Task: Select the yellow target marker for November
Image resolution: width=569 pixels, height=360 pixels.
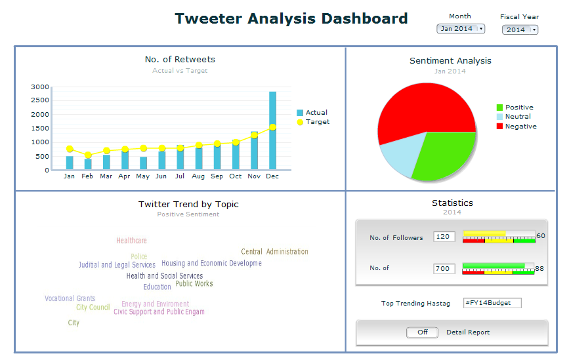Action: pos(254,135)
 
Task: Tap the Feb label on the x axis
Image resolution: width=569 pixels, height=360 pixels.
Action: pos(87,176)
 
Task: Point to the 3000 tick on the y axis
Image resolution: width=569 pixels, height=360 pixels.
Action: pos(40,87)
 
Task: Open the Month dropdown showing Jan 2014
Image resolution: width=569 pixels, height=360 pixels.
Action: pos(460,29)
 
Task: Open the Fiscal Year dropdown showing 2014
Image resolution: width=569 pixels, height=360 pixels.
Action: pos(519,30)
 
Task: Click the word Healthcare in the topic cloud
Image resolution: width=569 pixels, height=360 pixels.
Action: pos(131,241)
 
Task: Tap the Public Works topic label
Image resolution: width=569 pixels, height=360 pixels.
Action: pos(194,284)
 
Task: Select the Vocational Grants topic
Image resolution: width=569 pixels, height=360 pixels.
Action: pos(70,298)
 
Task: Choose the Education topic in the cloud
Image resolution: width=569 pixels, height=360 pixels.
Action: pos(158,287)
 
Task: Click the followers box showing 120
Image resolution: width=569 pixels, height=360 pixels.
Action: pos(444,237)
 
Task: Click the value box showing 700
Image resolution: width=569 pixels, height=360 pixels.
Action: pos(444,269)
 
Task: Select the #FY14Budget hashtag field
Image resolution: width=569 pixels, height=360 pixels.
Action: pos(492,303)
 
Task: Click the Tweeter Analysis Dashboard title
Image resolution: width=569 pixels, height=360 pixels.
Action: pos(291,18)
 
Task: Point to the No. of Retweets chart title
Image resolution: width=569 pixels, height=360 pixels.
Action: pos(180,60)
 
